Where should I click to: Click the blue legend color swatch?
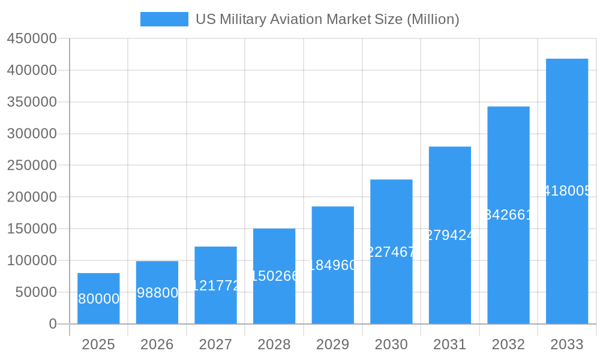coord(164,19)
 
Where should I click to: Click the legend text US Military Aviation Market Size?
coord(327,19)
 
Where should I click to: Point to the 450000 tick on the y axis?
coord(32,39)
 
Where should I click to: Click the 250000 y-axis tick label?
coord(32,166)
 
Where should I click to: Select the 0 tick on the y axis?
coord(53,324)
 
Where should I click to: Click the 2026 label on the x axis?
coord(157,344)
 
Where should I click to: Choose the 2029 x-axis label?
coord(332,344)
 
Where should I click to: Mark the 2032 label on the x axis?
coord(508,344)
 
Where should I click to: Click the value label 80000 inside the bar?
coord(98,299)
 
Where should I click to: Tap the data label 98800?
coord(157,293)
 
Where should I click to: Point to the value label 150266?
coord(274,276)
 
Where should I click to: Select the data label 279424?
coord(450,235)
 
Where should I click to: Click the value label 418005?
coord(567,191)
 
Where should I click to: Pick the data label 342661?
coord(508,215)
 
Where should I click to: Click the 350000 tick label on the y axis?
coord(32,102)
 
